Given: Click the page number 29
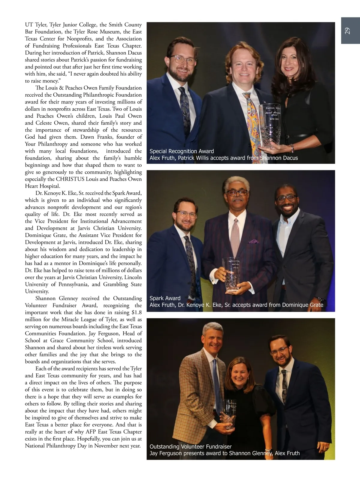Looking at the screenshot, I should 347,31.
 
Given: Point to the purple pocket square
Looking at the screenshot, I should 254,241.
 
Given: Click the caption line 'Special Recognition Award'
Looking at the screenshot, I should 181,151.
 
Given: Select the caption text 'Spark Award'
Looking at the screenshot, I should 165,298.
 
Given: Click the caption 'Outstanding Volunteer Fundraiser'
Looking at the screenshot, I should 190,447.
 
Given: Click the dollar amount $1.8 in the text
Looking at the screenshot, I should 136,312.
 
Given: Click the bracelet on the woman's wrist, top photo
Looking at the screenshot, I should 291,148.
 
